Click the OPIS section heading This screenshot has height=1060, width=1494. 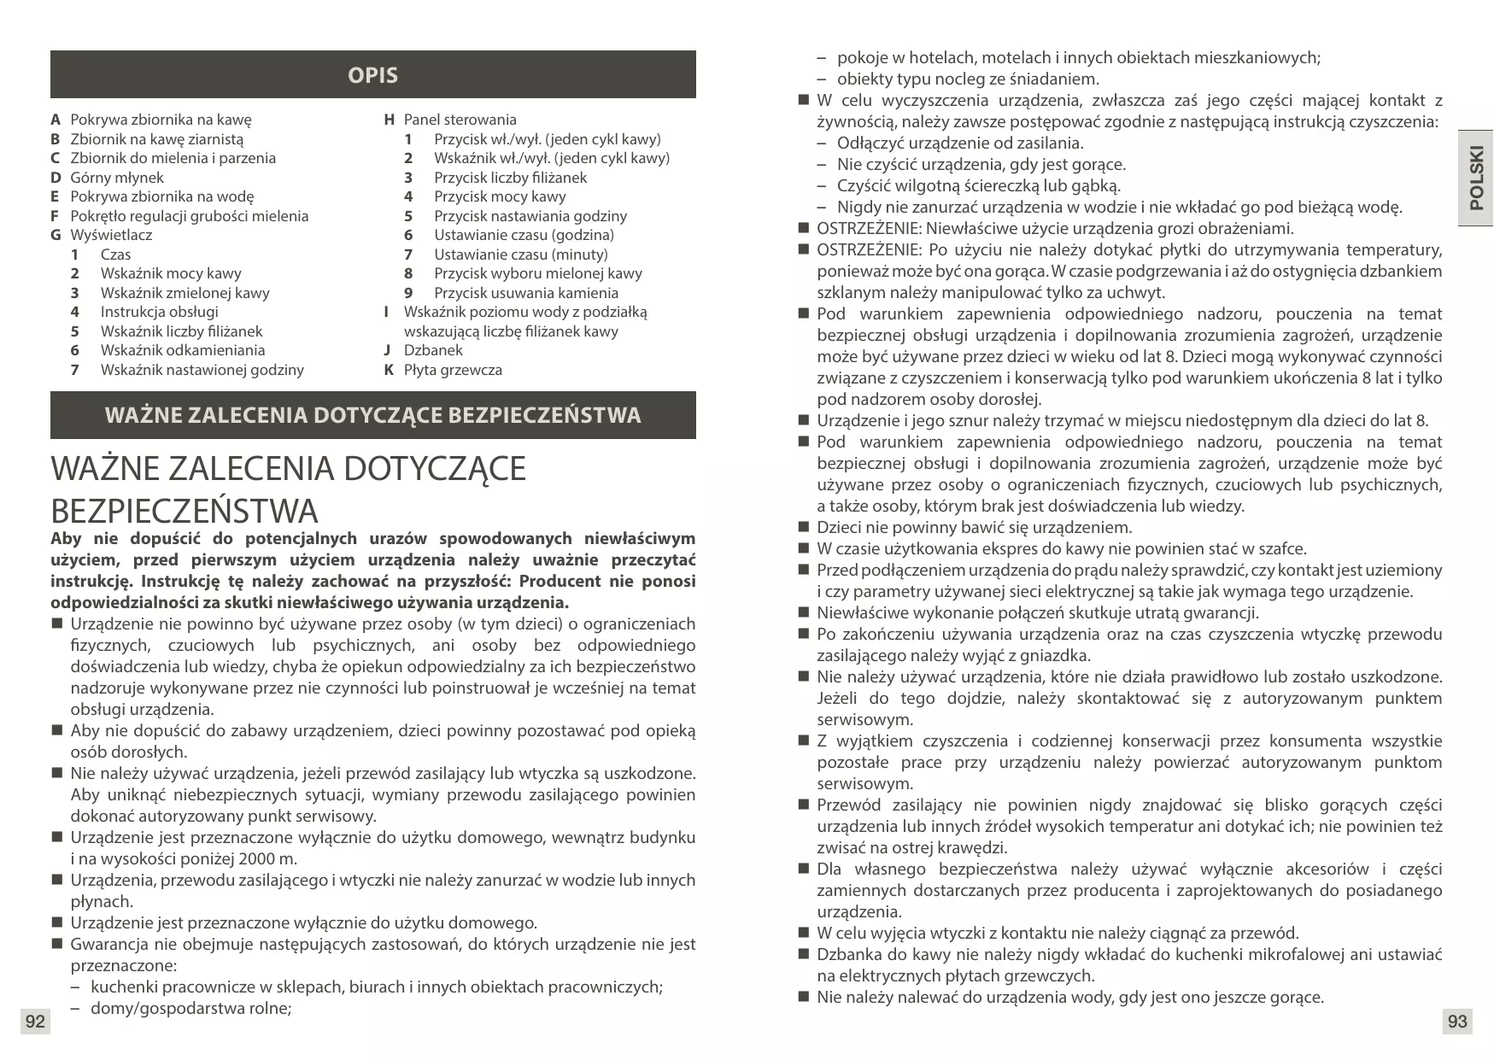[x=372, y=75]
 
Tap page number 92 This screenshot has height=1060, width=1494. [x=35, y=1022]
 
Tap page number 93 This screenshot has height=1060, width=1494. [x=1457, y=1022]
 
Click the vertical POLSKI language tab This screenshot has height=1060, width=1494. [x=1475, y=179]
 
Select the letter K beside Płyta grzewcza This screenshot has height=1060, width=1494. [x=389, y=370]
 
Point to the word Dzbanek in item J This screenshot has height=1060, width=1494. [x=433, y=350]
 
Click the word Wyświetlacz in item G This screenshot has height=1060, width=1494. [x=111, y=235]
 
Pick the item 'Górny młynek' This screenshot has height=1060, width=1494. [x=116, y=178]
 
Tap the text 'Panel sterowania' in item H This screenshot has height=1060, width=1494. [x=460, y=120]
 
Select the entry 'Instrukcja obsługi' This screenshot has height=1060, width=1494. [x=159, y=312]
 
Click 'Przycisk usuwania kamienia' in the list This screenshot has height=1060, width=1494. [x=525, y=293]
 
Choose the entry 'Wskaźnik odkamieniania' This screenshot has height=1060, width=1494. [x=183, y=350]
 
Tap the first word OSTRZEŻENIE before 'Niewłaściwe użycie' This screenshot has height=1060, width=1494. [x=868, y=229]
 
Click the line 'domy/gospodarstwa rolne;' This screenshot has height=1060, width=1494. [x=190, y=1009]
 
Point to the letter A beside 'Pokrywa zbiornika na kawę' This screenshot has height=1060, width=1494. [x=56, y=120]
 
